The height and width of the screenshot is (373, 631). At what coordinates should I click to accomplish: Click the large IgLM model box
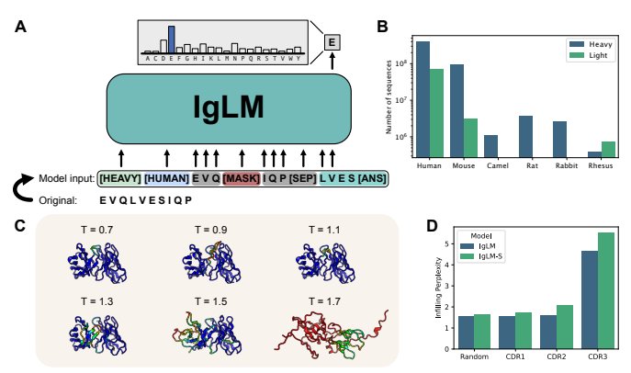tap(230, 107)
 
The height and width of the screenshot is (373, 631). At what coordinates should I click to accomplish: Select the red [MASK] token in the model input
tap(242, 178)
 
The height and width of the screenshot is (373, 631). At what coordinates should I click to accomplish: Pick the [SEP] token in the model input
tap(301, 178)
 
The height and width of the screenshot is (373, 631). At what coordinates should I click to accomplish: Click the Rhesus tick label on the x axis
tap(601, 166)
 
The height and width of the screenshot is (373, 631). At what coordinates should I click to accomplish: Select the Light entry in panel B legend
tap(588, 57)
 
